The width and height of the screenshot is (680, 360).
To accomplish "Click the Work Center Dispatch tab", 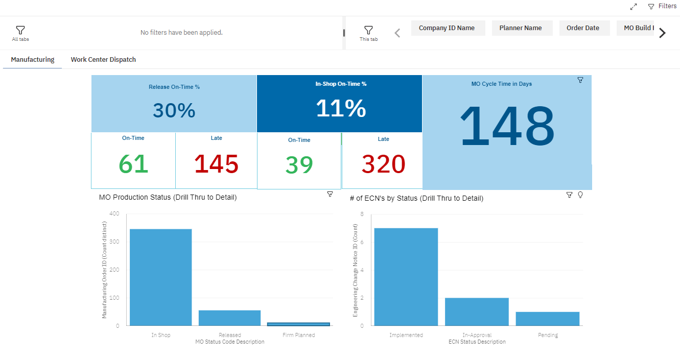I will (x=103, y=60).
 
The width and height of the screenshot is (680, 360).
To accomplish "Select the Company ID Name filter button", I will (x=447, y=28).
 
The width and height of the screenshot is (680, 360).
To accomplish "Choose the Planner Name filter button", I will (x=521, y=28).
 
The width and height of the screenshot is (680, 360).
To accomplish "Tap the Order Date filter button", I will (x=583, y=28).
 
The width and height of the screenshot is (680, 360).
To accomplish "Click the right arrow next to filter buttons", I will (x=663, y=33).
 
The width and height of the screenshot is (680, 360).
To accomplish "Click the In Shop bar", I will (x=161, y=277).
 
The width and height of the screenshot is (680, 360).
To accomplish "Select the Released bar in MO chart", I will (x=229, y=318).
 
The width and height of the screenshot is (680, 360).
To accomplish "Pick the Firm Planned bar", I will (x=298, y=324).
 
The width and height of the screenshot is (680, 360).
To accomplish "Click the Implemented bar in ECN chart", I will (x=406, y=277).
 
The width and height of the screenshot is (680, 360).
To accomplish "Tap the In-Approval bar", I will (x=477, y=311).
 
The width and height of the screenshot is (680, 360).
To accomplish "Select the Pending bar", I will (x=548, y=319).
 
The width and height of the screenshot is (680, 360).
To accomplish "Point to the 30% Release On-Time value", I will (x=174, y=111).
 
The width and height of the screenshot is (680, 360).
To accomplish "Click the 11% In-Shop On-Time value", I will (x=341, y=108).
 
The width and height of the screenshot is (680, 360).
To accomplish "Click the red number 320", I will (x=383, y=164).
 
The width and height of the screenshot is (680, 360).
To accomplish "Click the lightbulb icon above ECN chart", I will (x=580, y=195).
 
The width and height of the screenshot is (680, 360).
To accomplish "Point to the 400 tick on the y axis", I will (x=114, y=213).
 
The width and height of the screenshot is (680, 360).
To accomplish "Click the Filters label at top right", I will (x=667, y=6).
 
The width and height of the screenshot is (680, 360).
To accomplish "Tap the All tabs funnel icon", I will (x=20, y=30).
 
